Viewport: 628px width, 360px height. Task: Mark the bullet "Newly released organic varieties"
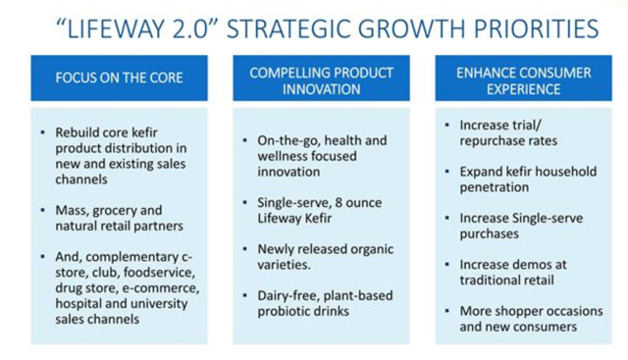(x=312, y=256)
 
